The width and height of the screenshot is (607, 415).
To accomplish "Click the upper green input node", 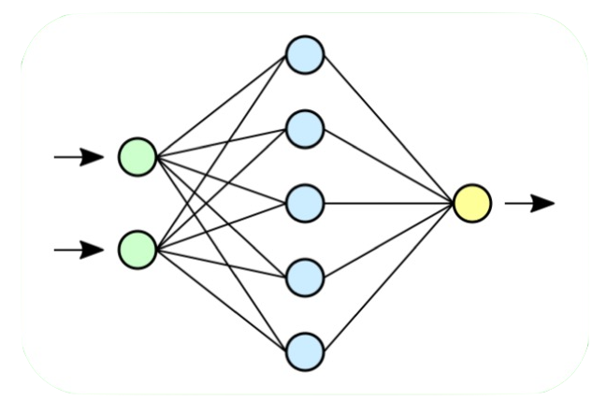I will tap(137, 156).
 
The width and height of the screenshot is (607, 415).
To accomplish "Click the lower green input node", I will tap(137, 250).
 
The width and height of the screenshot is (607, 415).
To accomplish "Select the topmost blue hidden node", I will tap(305, 55).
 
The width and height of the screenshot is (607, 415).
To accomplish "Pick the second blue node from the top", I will tap(305, 129).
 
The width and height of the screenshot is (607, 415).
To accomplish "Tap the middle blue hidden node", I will tap(305, 203).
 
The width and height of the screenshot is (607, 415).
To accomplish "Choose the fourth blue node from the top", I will tap(305, 277).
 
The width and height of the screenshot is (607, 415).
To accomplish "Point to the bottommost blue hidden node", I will tap(305, 351).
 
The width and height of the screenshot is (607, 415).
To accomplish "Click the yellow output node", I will tap(471, 203).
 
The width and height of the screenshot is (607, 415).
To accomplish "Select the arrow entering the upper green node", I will tap(79, 156).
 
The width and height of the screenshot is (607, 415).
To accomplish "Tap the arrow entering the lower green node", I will tap(79, 250).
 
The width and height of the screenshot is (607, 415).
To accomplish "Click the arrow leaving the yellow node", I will tap(529, 203).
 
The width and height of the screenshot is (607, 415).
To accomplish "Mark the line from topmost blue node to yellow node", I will tap(388, 129).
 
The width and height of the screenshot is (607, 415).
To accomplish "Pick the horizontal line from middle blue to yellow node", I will tap(388, 203).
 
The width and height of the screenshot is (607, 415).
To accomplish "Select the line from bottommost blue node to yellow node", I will tap(388, 277).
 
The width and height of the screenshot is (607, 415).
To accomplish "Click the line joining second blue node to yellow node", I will tap(388, 165).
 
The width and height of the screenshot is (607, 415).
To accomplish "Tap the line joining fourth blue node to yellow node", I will tap(388, 240).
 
